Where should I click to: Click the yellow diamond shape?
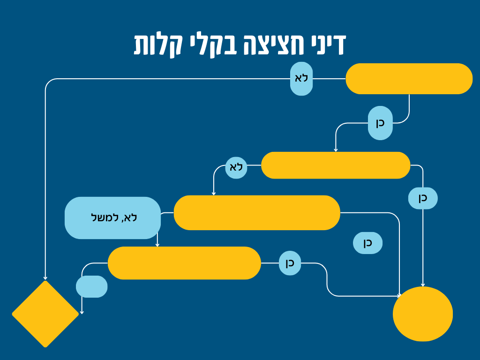pos(45,314)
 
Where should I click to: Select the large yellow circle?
pos(423,314)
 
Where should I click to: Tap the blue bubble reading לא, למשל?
pos(112,217)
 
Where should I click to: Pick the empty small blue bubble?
pos(91,286)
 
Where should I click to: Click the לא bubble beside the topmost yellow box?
pos(301,79)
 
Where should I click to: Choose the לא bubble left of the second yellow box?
pos(236,167)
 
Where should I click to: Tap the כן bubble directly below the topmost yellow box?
pos(380,123)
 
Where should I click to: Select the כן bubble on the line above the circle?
pos(423,198)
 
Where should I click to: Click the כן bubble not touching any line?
pos(367,243)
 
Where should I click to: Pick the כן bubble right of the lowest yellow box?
pos(290,263)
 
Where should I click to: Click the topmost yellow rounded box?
pos(409,79)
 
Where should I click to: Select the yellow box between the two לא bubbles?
pos(336,165)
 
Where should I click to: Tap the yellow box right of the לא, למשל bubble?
pos(257,212)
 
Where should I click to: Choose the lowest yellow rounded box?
pos(184,263)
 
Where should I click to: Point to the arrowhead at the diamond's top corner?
pos(45,278)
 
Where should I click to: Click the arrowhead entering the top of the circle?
pos(423,285)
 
